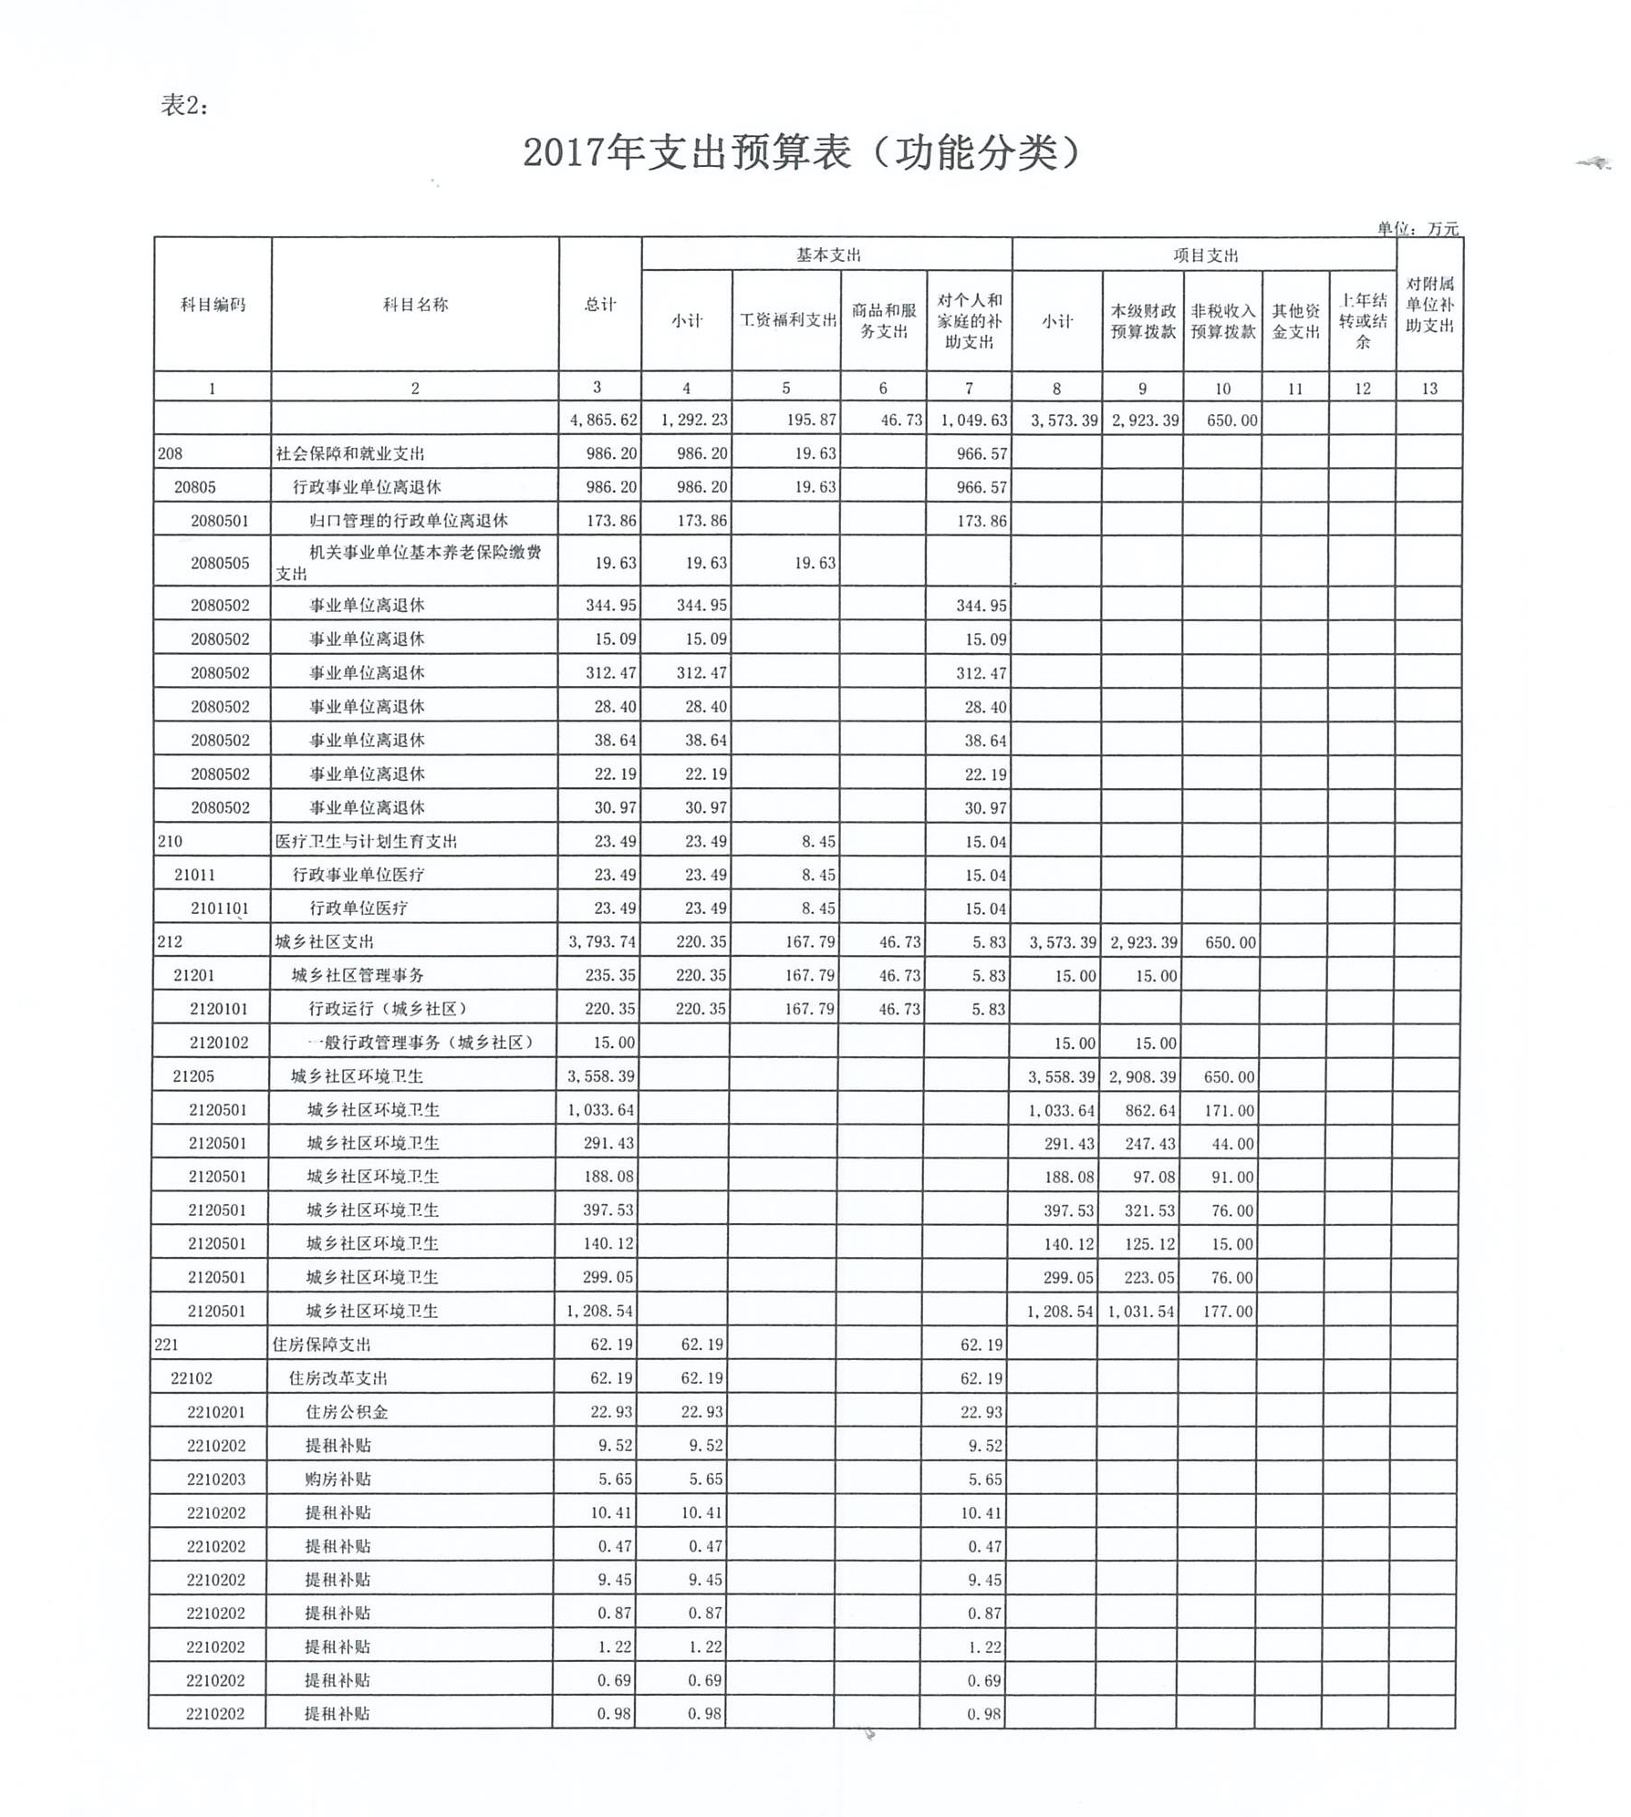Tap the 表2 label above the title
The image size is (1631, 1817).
(184, 106)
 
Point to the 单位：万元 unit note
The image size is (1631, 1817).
(1418, 228)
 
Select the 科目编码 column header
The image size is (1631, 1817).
(213, 305)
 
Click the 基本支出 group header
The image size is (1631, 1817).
(827, 255)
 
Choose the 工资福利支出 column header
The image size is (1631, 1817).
(787, 320)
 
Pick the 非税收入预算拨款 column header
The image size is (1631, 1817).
(1222, 321)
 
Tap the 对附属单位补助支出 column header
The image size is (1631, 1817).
(1429, 305)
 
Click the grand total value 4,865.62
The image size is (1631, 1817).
(603, 421)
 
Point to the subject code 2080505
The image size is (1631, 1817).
(220, 563)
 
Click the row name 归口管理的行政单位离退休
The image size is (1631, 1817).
(408, 521)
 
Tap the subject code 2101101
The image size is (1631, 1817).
(220, 908)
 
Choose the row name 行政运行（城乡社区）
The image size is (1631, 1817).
(388, 1009)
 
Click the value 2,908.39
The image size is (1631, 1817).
(1142, 1076)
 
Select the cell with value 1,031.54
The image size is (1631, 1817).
(1142, 1312)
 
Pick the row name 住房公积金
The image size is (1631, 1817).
(347, 1412)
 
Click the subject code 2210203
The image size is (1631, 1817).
(216, 1480)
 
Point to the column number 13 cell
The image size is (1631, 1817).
(1429, 389)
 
